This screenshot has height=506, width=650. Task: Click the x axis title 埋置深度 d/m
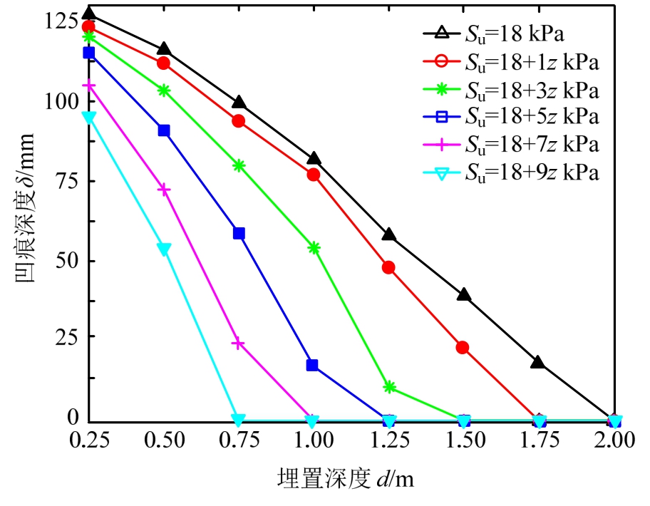coord(345,480)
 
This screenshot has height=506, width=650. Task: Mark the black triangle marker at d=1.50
coord(464,294)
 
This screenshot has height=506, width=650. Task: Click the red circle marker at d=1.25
coord(388,267)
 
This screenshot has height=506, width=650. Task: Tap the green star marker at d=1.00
coord(314,247)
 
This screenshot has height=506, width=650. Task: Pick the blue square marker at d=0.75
coord(239,233)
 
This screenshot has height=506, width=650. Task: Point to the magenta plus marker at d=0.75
coord(239,344)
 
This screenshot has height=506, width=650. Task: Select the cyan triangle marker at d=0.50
coord(164,249)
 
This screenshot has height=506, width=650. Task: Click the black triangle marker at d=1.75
coord(538,362)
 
